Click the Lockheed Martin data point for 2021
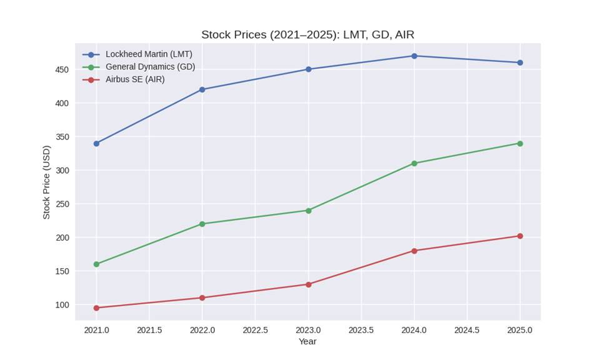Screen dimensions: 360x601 pyautogui.click(x=96, y=143)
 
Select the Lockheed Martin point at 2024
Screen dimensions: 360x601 pyautogui.click(x=414, y=56)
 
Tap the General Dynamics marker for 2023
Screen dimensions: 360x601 pyautogui.click(x=308, y=211)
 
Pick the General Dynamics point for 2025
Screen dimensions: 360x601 pyautogui.click(x=520, y=143)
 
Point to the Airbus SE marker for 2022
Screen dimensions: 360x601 pyautogui.click(x=202, y=297)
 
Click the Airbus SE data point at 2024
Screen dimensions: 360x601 pyautogui.click(x=414, y=251)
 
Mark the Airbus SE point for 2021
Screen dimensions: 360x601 pyautogui.click(x=96, y=307)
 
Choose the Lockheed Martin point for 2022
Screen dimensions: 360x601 pyautogui.click(x=202, y=89)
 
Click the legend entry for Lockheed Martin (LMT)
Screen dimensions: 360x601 pyautogui.click(x=149, y=54)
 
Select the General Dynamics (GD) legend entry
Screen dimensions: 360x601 pyautogui.click(x=150, y=67)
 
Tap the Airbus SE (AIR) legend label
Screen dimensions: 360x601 pyautogui.click(x=135, y=79)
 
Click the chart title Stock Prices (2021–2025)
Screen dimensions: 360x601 pyautogui.click(x=307, y=35)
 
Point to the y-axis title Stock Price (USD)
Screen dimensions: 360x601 pyautogui.click(x=46, y=182)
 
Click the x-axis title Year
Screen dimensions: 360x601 pyautogui.click(x=307, y=342)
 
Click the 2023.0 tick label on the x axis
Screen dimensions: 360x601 pyautogui.click(x=308, y=329)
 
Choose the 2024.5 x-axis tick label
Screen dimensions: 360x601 pyautogui.click(x=467, y=329)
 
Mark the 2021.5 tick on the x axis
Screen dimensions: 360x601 pyautogui.click(x=149, y=329)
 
